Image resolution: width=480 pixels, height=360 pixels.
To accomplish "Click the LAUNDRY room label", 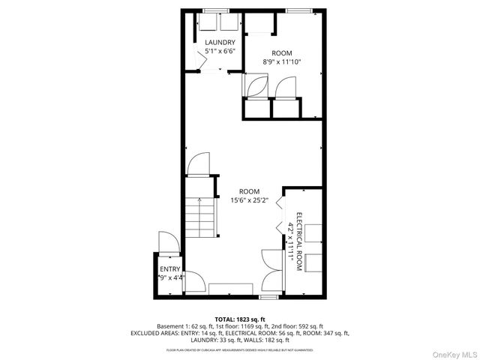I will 220,42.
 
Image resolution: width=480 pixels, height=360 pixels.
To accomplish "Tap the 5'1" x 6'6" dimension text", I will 220,52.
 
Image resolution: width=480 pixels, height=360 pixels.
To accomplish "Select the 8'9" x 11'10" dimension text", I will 281,63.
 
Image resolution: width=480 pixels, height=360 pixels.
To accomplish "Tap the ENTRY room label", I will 170,269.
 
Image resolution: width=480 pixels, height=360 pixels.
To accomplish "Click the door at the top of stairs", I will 199,164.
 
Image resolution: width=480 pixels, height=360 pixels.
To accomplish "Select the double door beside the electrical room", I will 271,273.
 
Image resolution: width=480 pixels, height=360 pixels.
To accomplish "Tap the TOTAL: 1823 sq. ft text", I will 240,319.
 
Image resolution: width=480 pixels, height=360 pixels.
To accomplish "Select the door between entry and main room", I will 194,281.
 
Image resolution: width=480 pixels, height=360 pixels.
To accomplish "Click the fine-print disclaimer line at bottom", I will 240,349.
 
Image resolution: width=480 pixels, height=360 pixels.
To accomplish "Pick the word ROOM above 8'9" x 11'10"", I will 281,53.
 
